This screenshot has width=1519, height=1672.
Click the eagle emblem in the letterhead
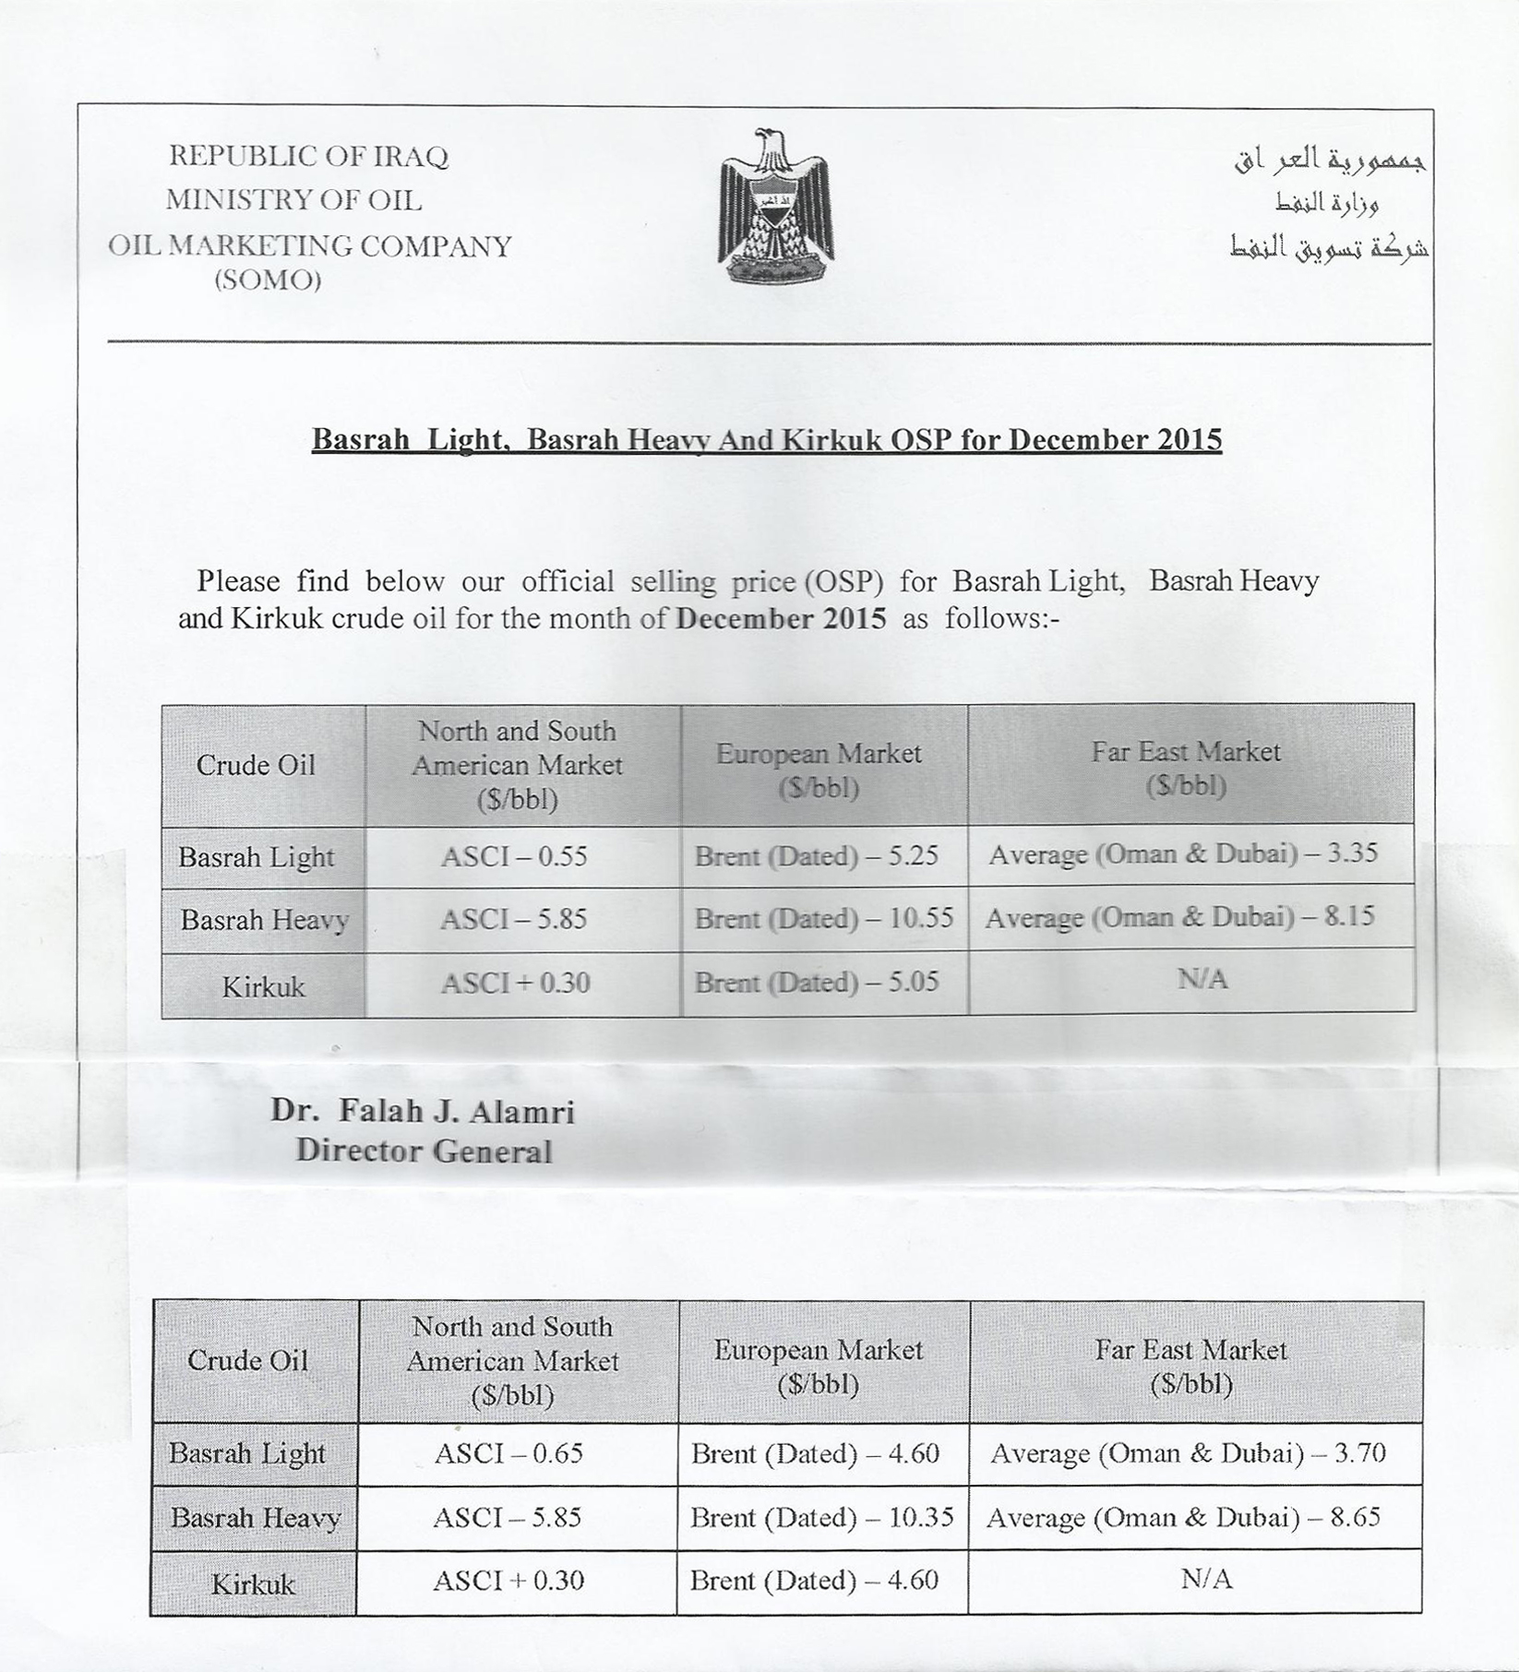776,207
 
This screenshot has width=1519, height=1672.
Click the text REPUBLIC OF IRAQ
308,156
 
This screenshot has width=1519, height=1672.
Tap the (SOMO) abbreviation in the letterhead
268,280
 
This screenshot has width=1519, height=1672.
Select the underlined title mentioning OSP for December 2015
766,439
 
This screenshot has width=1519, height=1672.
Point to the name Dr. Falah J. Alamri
422,1111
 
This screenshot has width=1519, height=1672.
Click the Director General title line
424,1151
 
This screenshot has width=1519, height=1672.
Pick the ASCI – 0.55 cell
514,856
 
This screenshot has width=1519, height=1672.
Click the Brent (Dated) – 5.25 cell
817,856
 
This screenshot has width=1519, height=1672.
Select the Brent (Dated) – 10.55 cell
824,918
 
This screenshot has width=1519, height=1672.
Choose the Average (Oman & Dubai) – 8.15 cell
1179,916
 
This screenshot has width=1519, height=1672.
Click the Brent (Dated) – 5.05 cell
817,982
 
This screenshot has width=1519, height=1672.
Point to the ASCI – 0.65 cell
508,1453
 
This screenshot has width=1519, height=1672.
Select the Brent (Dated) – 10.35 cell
822,1517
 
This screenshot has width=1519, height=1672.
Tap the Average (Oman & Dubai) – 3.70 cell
1189,1453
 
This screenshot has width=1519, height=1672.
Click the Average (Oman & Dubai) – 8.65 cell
1183,1517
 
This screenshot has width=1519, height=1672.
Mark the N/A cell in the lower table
1206,1580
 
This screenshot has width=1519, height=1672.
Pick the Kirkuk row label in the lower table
253,1584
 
